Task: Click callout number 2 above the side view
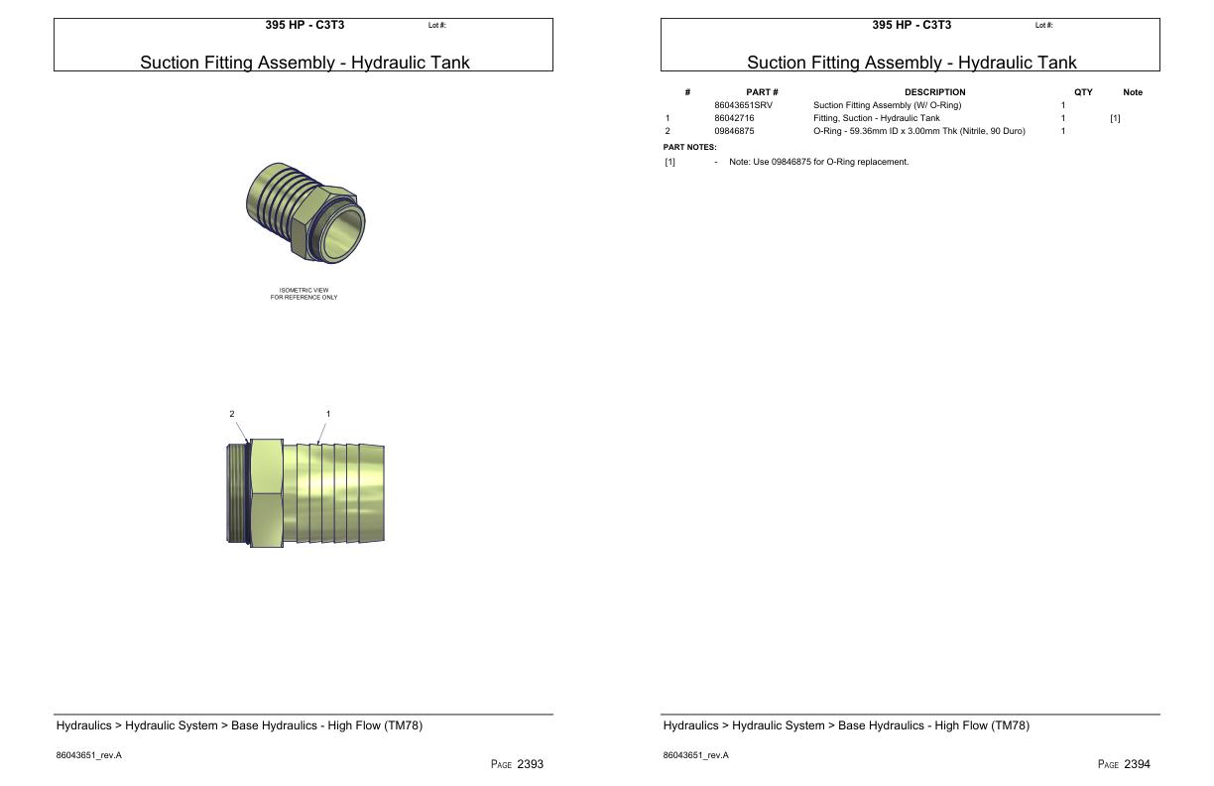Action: (232, 414)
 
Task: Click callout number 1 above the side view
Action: (328, 414)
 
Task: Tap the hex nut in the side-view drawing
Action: (265, 493)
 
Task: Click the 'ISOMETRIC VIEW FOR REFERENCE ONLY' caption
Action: (303, 294)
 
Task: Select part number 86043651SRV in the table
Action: (743, 105)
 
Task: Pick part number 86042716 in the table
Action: (734, 118)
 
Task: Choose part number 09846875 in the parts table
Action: (734, 131)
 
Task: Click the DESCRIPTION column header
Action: (934, 92)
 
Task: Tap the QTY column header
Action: (1083, 92)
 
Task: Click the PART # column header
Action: (762, 92)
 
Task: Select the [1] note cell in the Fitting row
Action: (1115, 118)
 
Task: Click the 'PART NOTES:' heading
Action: (689, 147)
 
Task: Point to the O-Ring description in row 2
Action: (918, 131)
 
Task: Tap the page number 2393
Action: (530, 764)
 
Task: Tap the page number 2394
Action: (1137, 764)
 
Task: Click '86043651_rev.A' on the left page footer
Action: (89, 755)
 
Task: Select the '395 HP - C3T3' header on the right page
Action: (911, 25)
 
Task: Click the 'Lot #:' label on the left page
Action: (437, 26)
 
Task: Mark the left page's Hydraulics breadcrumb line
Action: (239, 725)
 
